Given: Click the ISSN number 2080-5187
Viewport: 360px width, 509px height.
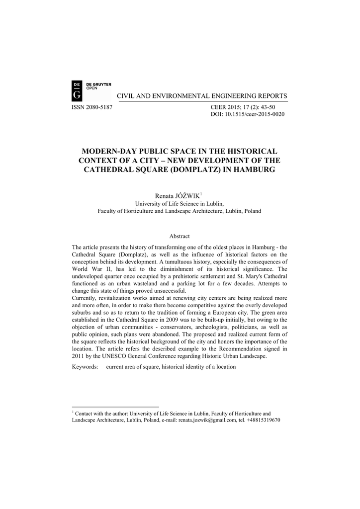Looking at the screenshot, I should click(x=97, y=107).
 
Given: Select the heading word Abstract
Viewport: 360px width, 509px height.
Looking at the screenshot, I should click(x=180, y=236).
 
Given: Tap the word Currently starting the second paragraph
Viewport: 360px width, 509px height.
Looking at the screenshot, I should click(x=86, y=298).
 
